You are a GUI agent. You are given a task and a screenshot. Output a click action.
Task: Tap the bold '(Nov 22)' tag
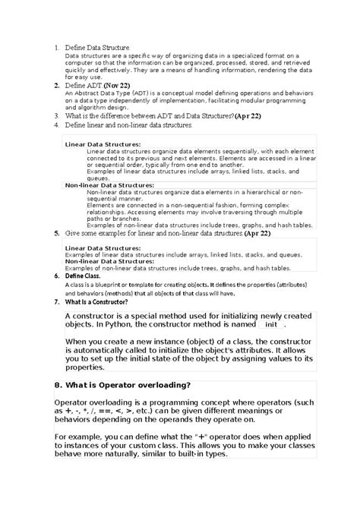click(x=118, y=86)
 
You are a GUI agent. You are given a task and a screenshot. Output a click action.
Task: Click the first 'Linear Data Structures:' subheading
click(x=103, y=143)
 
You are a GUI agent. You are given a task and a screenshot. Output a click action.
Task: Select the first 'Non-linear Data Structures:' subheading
click(x=109, y=185)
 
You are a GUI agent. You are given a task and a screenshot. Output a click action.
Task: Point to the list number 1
click(x=56, y=48)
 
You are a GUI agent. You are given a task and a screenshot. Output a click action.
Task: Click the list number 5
click(x=56, y=234)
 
